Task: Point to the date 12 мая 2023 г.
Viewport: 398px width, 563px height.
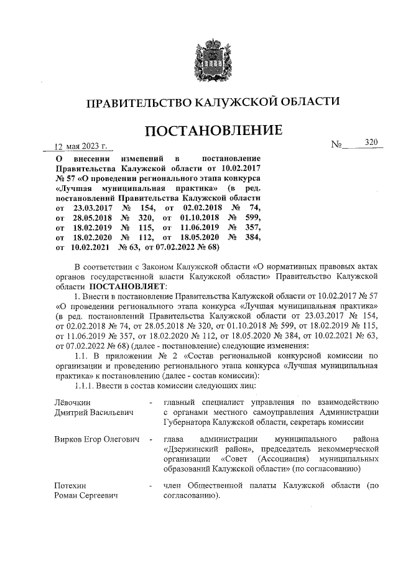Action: pyautogui.click(x=81, y=147)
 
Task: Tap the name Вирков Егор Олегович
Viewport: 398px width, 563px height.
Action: pyautogui.click(x=96, y=440)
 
